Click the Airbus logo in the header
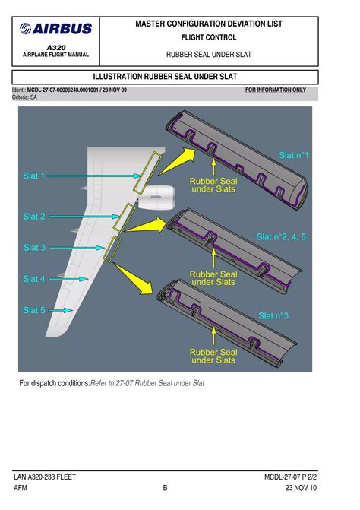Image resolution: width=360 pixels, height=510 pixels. tap(57, 29)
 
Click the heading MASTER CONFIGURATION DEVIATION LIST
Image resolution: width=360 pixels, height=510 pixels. tap(208, 24)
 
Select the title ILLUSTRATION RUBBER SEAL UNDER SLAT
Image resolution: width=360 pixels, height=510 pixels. tap(179, 78)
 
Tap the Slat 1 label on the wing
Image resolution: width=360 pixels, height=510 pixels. tap(34, 176)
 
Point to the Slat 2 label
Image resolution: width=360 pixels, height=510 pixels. tap(34, 217)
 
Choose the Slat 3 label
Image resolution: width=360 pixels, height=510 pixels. tap(34, 248)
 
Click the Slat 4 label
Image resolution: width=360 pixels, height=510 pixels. tap(34, 279)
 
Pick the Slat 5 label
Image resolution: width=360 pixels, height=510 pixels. tap(34, 310)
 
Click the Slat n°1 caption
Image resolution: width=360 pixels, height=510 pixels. tap(294, 155)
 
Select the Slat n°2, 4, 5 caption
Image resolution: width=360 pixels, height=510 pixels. tap(282, 236)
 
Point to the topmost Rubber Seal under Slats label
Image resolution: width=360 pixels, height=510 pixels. tap(213, 185)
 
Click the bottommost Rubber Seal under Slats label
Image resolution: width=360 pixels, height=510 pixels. tap(213, 356)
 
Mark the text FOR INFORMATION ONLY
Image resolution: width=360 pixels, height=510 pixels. tap(276, 90)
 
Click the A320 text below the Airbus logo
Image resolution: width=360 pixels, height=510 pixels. tap(56, 46)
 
